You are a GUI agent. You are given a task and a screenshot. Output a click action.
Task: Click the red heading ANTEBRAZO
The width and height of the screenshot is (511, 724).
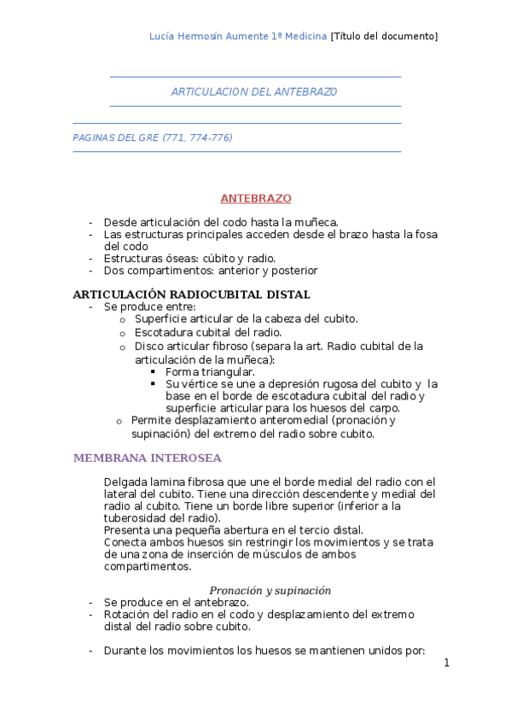[x=256, y=198]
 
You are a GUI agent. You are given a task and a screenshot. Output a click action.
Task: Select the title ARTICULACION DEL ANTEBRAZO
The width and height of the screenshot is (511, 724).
[x=254, y=90]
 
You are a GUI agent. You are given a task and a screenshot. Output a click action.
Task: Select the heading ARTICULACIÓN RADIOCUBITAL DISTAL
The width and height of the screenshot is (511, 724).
[x=192, y=295]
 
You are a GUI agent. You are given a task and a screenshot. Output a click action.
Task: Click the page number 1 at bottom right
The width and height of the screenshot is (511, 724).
[x=446, y=663]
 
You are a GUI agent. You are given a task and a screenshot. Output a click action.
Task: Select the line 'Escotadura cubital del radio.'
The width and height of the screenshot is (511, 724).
[x=208, y=332]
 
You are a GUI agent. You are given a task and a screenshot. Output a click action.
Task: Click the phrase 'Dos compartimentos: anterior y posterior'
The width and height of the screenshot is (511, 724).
[x=210, y=271]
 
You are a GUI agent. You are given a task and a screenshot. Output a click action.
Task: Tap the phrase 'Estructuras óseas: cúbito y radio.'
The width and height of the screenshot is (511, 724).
[x=189, y=258]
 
